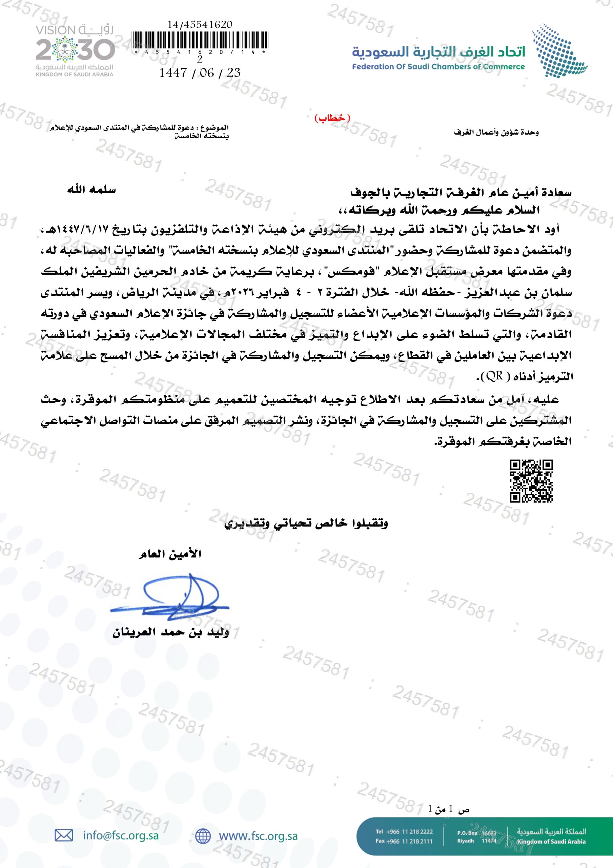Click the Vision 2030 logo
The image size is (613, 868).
click(75, 51)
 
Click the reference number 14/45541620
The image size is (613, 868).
click(200, 24)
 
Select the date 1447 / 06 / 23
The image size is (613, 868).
click(200, 73)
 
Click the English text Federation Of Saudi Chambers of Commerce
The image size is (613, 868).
click(438, 67)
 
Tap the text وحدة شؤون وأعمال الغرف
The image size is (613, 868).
click(496, 133)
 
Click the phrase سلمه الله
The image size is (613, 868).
click(91, 190)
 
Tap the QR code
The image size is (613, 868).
click(531, 481)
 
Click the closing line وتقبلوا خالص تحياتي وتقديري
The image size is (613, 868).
click(306, 523)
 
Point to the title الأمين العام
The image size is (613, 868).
click(170, 555)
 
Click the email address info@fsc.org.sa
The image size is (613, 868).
click(121, 835)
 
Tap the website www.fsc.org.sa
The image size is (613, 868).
click(258, 836)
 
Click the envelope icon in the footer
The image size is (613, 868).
click(64, 835)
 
